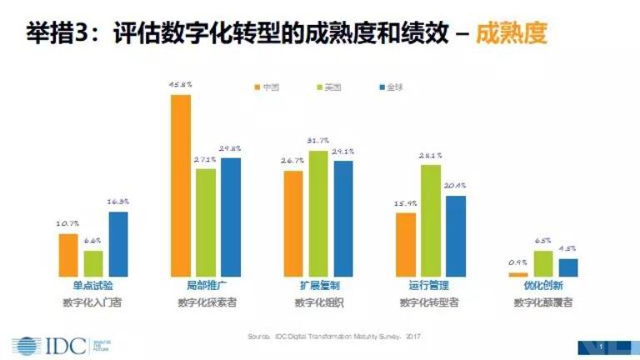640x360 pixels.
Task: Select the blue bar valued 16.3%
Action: (x=118, y=243)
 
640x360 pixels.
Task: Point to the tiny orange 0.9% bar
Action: (x=518, y=274)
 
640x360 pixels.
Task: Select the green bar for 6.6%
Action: (x=93, y=263)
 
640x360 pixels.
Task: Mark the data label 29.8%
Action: (x=231, y=148)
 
